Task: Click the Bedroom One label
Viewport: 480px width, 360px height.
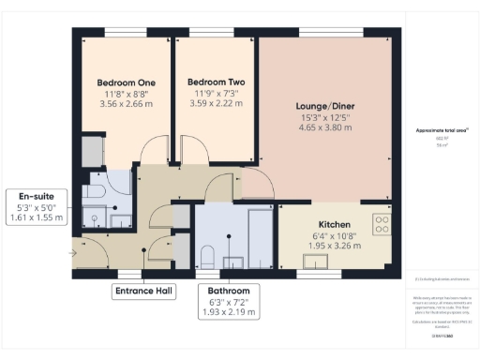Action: tap(125, 82)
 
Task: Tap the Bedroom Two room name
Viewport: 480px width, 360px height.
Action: tap(215, 82)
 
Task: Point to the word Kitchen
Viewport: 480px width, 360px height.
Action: tap(334, 225)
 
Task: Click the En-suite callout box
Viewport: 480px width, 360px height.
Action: tap(35, 206)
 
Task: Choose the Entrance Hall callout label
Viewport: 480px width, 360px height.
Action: tap(143, 292)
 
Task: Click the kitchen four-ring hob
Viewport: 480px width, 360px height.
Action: tap(382, 224)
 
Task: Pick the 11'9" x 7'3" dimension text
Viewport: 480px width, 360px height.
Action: tap(215, 93)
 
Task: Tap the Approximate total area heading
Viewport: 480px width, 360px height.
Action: tap(442, 129)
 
